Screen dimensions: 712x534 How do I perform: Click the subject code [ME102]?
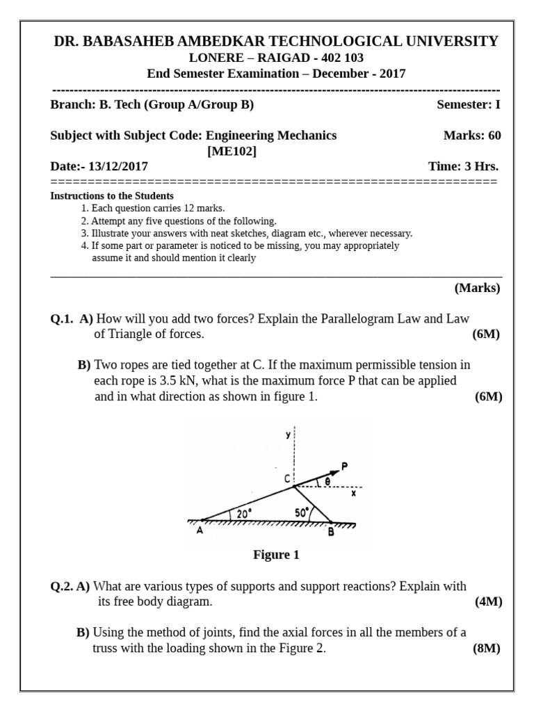(232, 151)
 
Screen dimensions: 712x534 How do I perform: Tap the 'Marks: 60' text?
(471, 136)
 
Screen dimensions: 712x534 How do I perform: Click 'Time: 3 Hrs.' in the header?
(463, 166)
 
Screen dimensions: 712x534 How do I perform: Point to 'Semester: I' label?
(468, 105)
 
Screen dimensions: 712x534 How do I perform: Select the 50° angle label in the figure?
(302, 512)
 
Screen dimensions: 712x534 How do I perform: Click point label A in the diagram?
(200, 531)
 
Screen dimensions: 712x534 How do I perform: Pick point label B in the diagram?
(331, 532)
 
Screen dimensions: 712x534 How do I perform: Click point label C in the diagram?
(287, 479)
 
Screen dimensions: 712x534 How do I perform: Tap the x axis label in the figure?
(353, 494)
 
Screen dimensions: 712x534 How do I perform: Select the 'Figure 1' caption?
(276, 554)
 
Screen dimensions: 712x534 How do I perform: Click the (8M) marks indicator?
(487, 648)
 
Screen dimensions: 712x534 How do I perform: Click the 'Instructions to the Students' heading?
(112, 196)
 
